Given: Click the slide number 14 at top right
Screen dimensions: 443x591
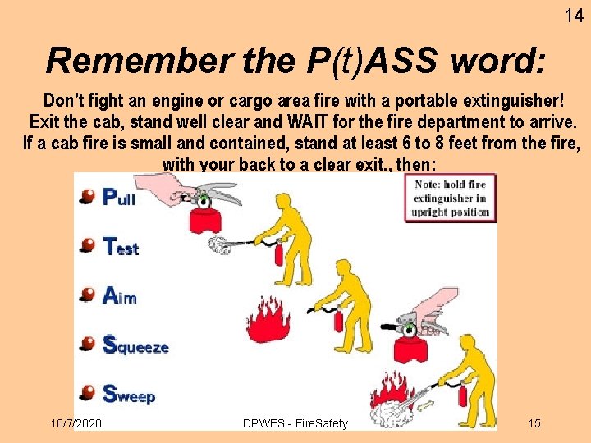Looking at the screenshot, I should [574, 15].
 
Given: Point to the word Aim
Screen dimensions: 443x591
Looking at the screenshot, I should [119, 295].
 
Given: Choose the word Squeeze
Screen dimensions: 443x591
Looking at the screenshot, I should [135, 345].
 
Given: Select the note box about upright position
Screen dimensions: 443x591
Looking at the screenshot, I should [451, 198].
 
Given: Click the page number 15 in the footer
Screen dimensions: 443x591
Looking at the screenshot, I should [534, 423].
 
